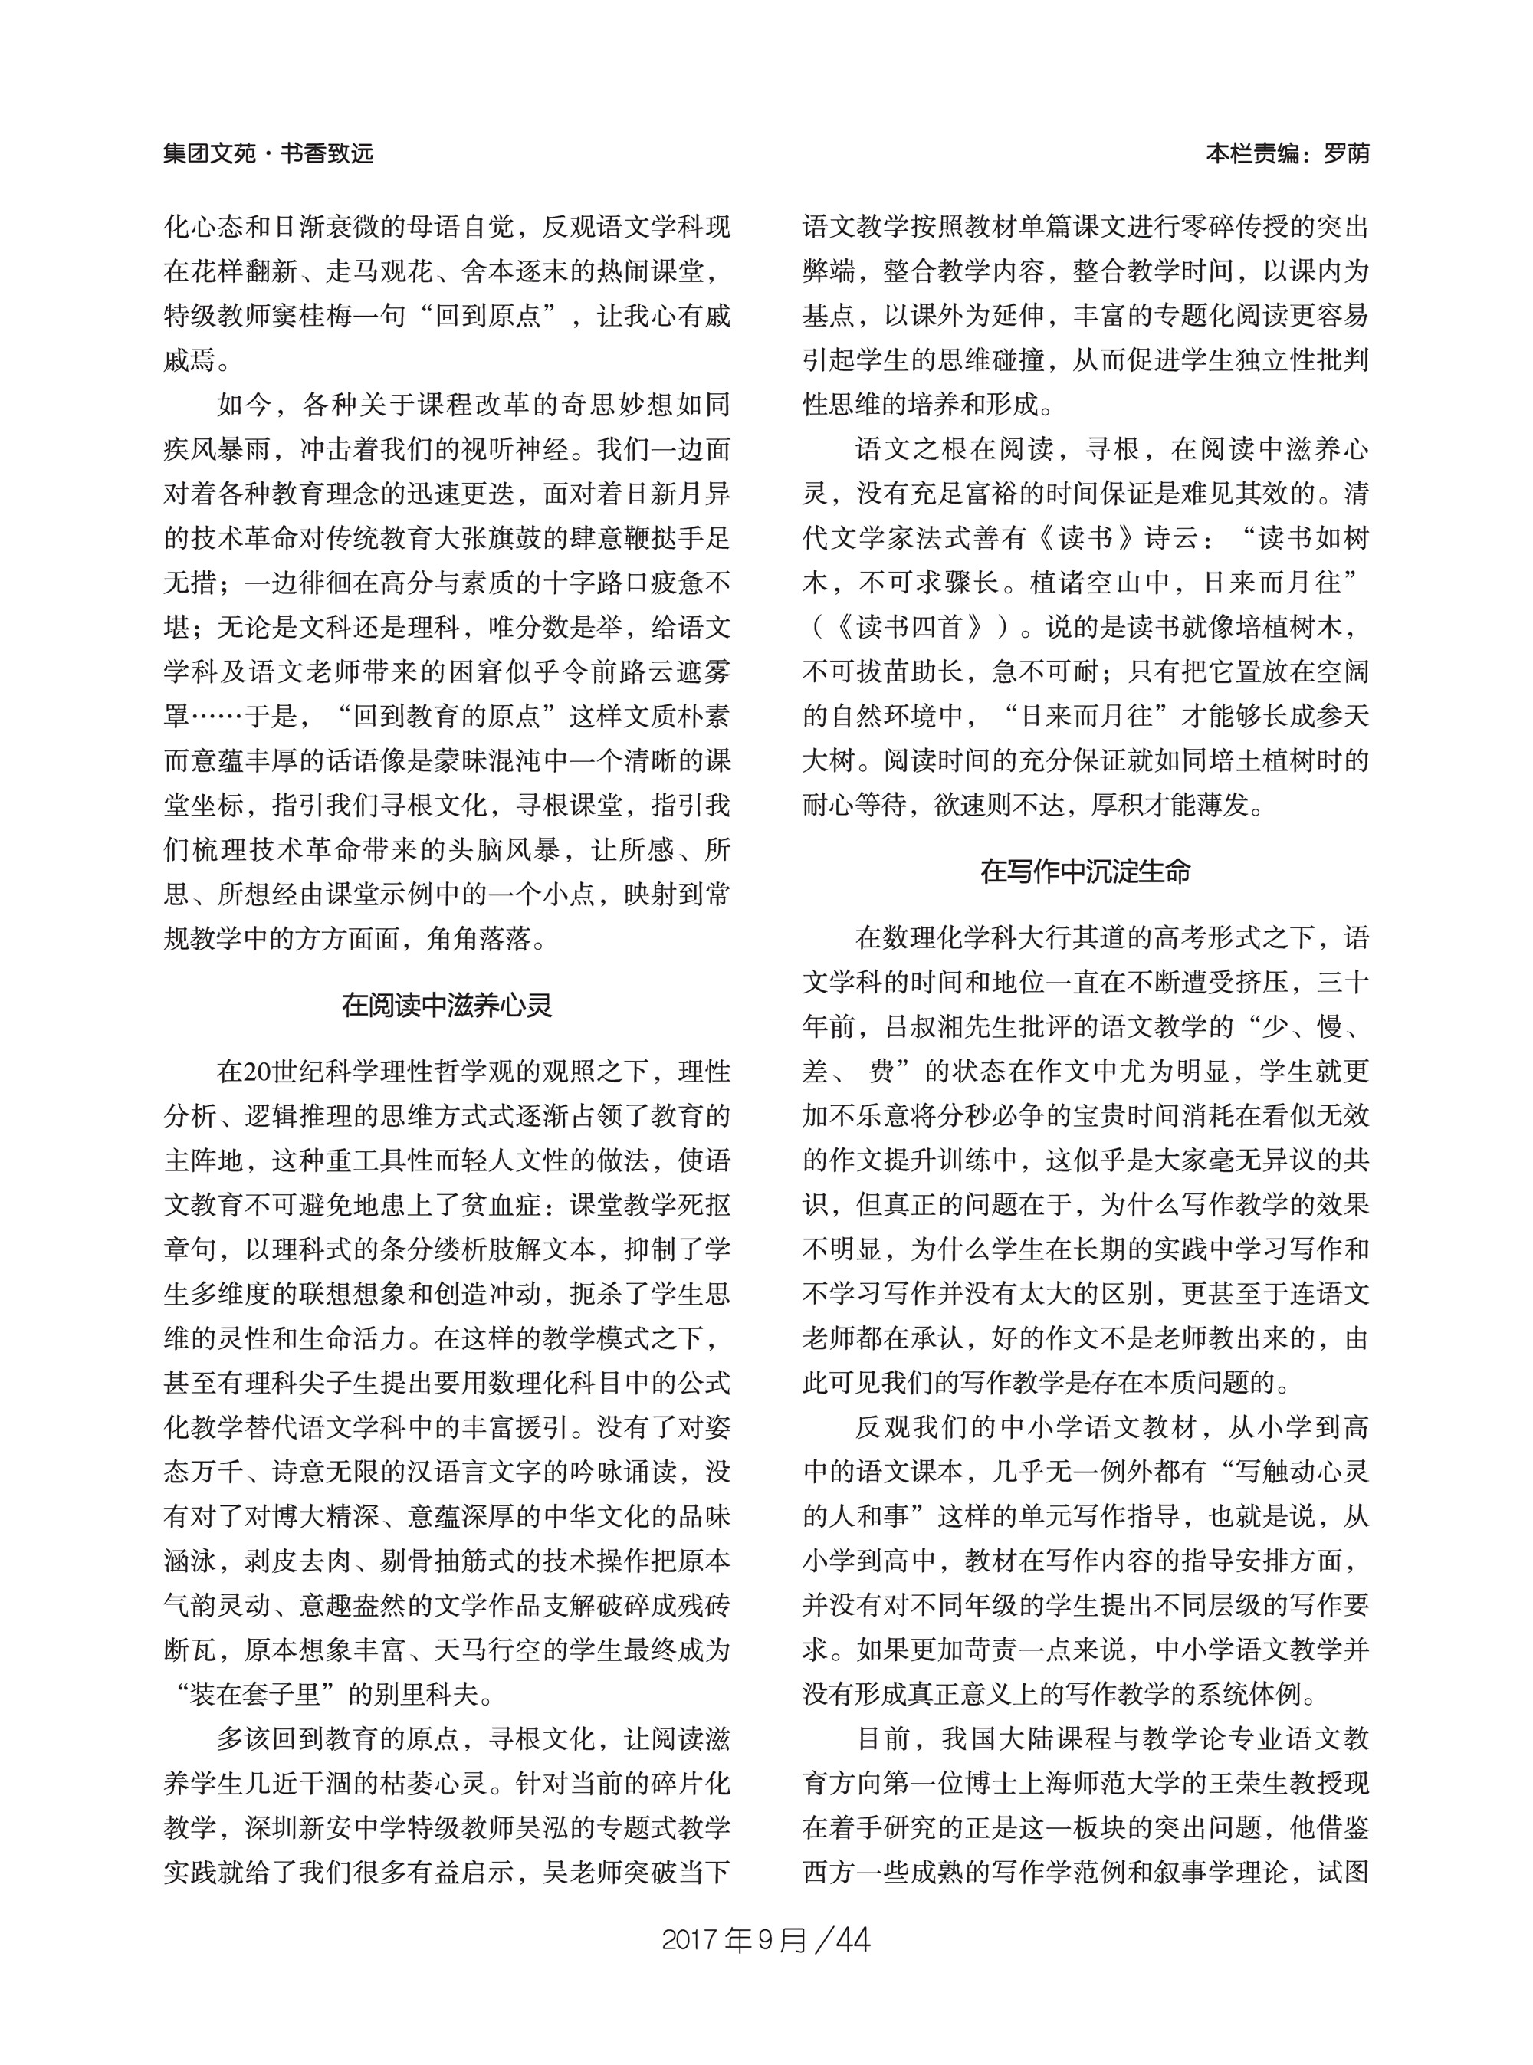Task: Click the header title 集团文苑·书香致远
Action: pyautogui.click(x=268, y=153)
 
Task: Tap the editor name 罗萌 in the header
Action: pyautogui.click(x=1345, y=153)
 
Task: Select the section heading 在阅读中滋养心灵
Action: pyautogui.click(x=448, y=1005)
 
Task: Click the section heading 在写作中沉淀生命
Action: pyautogui.click(x=1085, y=872)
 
